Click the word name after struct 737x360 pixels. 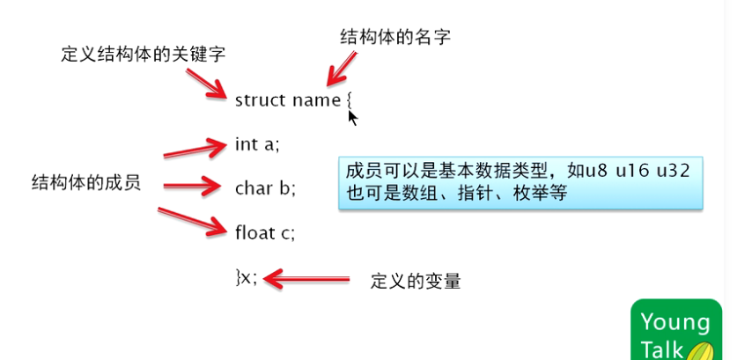click(316, 99)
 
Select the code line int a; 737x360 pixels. click(257, 143)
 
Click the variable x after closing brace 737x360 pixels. click(248, 278)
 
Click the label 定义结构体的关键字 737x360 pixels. click(144, 54)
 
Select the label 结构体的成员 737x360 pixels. click(86, 182)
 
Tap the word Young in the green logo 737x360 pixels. click(675, 321)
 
